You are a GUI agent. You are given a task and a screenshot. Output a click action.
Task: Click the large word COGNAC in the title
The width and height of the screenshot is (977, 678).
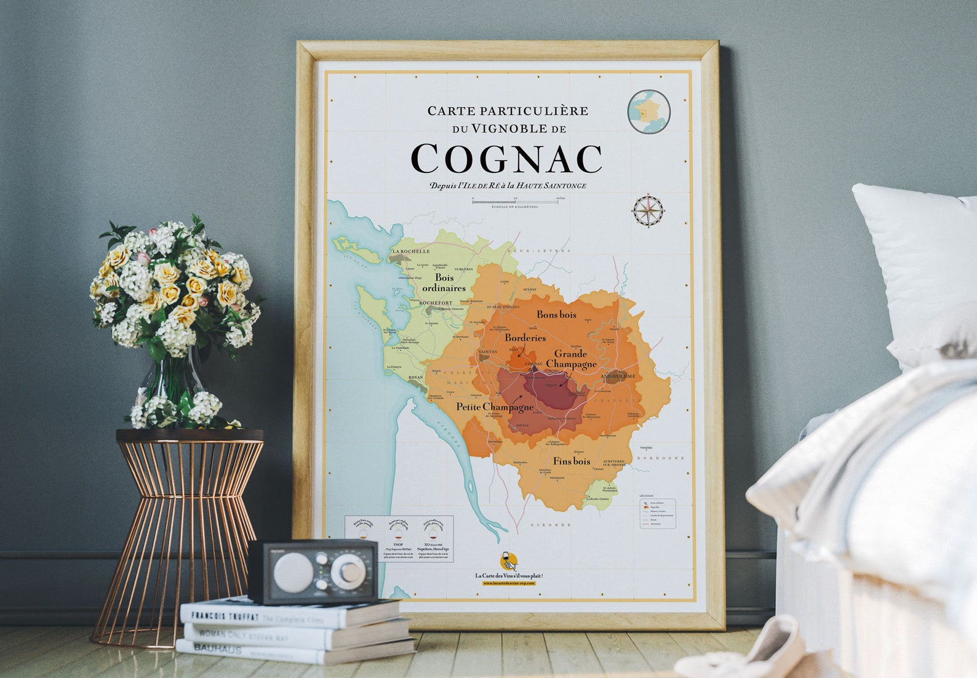tap(506, 159)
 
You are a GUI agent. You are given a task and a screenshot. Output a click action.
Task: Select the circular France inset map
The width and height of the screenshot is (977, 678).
tap(649, 111)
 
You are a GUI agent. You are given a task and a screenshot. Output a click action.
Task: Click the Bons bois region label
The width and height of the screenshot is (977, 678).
tap(556, 315)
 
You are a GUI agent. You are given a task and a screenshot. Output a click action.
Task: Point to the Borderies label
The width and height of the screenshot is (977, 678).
tap(525, 338)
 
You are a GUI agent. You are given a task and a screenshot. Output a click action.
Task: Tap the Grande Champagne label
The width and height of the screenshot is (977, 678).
tap(571, 359)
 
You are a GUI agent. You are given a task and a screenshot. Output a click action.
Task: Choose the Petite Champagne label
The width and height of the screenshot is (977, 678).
tap(495, 407)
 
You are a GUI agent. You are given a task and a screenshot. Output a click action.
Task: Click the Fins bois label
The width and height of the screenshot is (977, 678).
tap(572, 461)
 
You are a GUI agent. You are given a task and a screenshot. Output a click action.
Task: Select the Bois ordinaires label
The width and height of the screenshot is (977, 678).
tap(444, 283)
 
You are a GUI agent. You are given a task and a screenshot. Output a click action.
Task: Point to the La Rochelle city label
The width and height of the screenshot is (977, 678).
tap(411, 252)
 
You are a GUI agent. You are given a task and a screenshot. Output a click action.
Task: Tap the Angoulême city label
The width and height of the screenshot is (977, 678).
tap(618, 376)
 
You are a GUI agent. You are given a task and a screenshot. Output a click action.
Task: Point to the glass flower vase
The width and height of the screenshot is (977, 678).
tap(170, 381)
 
